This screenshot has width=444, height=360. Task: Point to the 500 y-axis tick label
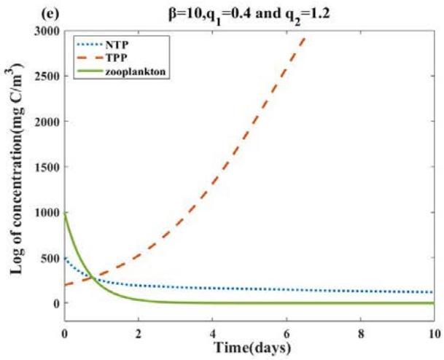[50, 257]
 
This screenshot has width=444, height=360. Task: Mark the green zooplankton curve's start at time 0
[65, 213]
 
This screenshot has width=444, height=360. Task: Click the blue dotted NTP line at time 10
[433, 292]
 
